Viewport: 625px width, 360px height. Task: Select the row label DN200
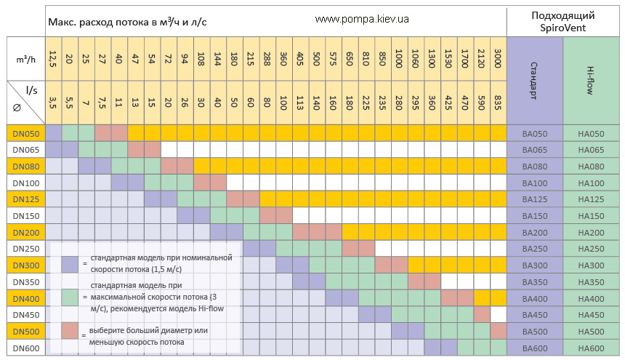(25, 232)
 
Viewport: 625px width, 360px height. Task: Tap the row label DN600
(25, 348)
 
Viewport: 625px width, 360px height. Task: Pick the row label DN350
(25, 281)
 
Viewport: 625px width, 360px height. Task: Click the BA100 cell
(535, 183)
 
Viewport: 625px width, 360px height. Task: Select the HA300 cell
(591, 265)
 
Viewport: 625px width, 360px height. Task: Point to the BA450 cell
(535, 315)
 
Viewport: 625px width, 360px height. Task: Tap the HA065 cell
(591, 149)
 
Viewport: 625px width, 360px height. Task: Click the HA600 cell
(591, 348)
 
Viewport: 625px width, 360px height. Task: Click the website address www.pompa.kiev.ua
(362, 20)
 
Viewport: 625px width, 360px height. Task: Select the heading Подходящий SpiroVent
(563, 21)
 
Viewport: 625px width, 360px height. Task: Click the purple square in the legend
(70, 263)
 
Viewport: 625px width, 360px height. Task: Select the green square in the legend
(70, 297)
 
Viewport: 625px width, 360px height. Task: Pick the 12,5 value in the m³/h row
(53, 57)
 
